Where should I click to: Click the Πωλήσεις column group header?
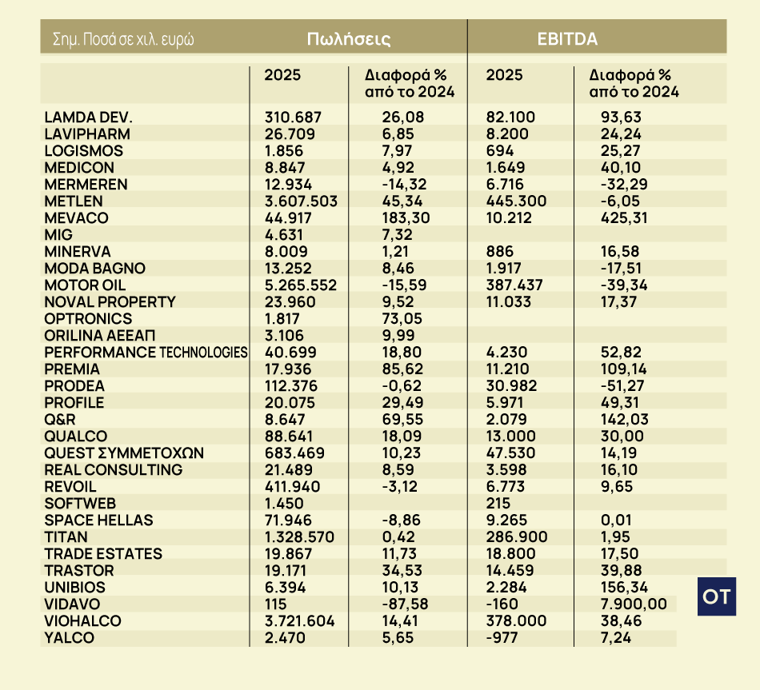[349, 38]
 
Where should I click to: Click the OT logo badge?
[718, 596]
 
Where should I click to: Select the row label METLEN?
[75, 201]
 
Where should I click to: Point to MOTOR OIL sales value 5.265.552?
[301, 285]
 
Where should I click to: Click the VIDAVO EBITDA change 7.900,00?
[628, 604]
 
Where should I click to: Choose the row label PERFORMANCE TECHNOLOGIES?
[146, 352]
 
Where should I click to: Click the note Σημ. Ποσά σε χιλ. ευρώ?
[123, 38]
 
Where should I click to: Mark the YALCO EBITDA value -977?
[502, 637]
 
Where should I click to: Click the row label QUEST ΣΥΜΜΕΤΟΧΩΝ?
[124, 453]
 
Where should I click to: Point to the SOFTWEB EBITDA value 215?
[498, 503]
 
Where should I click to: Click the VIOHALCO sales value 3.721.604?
[300, 620]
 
